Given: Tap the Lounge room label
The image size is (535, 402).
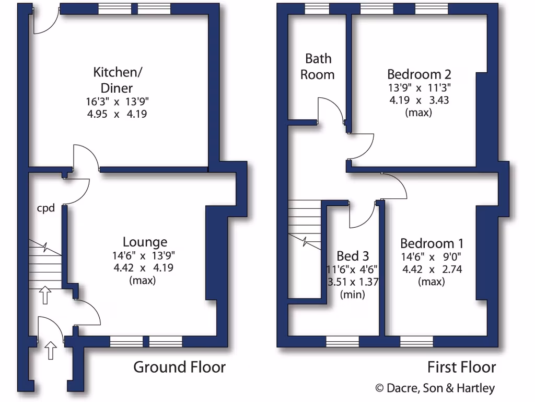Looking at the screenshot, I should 145,242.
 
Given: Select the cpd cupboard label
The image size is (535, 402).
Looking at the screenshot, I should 45,208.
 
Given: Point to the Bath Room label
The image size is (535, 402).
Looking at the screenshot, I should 318,66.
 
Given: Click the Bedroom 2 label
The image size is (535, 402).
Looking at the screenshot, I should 419,73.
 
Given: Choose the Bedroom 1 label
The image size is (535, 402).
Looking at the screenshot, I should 432,243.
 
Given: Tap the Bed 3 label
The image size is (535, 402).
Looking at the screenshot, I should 353,256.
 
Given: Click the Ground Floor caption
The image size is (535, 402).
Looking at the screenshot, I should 179,367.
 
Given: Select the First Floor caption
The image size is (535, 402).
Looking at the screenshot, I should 461,367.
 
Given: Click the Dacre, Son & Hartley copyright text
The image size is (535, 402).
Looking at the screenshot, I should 435,388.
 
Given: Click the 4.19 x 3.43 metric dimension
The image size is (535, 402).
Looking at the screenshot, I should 419,99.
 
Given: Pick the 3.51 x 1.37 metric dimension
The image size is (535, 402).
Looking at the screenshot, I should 353,282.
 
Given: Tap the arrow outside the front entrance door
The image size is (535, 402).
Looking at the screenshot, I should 50,350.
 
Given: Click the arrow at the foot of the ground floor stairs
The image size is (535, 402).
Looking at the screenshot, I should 45,295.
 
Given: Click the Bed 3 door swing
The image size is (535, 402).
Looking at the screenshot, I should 362,216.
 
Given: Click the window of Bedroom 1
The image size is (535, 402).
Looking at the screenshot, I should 416,342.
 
